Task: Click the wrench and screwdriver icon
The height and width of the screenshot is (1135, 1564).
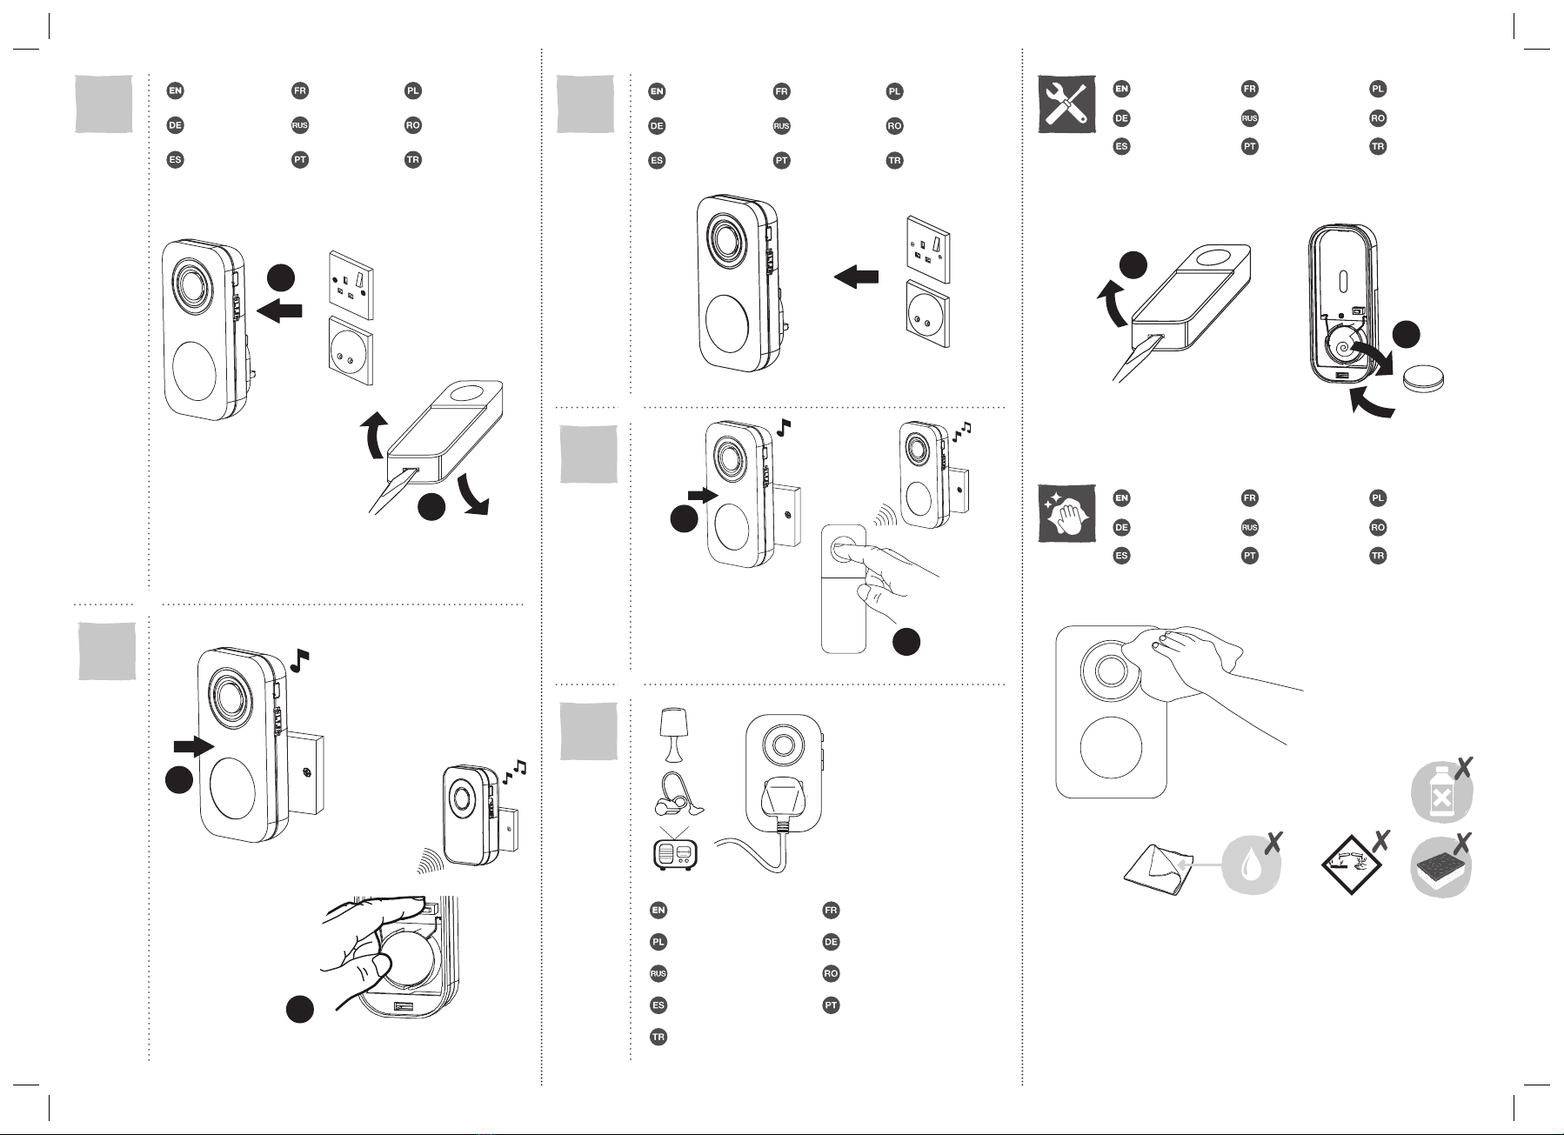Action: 1066,104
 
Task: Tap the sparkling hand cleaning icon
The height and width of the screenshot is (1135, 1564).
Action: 1066,513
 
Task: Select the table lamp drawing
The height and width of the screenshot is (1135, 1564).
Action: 674,732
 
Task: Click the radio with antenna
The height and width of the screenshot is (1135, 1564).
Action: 674,848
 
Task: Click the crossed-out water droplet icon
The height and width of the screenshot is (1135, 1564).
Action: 1253,865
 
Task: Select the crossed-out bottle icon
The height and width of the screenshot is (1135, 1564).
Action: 1442,790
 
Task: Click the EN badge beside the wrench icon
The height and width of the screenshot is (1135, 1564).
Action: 1121,89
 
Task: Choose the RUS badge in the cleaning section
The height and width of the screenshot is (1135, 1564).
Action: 1249,527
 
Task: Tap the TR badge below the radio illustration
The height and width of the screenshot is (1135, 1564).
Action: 658,1037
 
